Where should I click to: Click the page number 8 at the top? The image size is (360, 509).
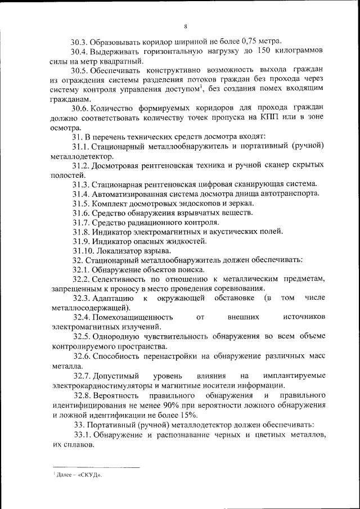[x=185, y=26]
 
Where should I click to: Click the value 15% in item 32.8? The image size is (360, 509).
[x=188, y=414]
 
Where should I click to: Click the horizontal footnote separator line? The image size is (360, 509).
[x=96, y=467]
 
